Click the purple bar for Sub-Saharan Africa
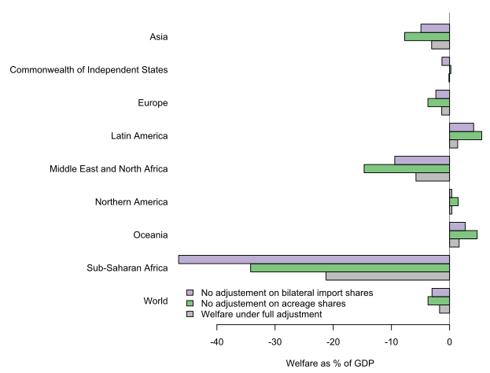click(x=314, y=259)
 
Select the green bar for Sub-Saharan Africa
click(x=349, y=268)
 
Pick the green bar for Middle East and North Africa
click(x=406, y=168)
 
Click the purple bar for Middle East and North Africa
click(x=422, y=160)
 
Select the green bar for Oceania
click(x=462, y=235)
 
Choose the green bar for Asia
click(x=426, y=36)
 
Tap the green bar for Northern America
click(x=453, y=201)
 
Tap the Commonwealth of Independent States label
click(x=89, y=70)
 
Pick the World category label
click(x=156, y=301)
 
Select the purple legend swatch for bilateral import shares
click(x=190, y=293)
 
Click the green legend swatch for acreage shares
click(x=190, y=303)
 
